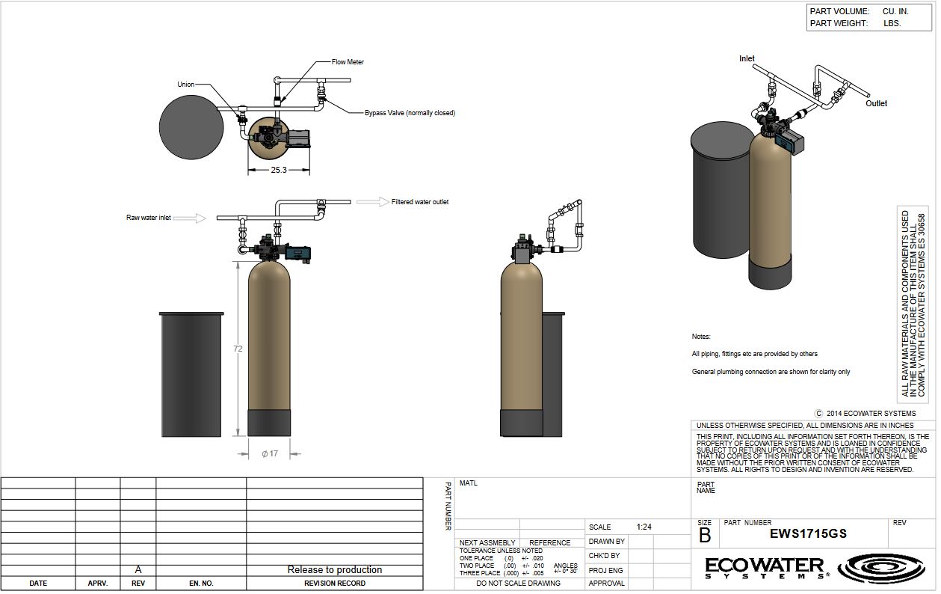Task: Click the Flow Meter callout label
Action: [348, 62]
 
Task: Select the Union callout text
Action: [185, 84]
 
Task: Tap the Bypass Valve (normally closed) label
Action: [410, 113]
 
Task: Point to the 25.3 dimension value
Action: [279, 170]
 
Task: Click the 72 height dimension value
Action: [238, 349]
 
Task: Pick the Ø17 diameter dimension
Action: [270, 453]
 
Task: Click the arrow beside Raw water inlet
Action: [190, 218]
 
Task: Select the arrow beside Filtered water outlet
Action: [373, 202]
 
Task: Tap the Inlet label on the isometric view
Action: [747, 58]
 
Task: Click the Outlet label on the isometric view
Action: [876, 103]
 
